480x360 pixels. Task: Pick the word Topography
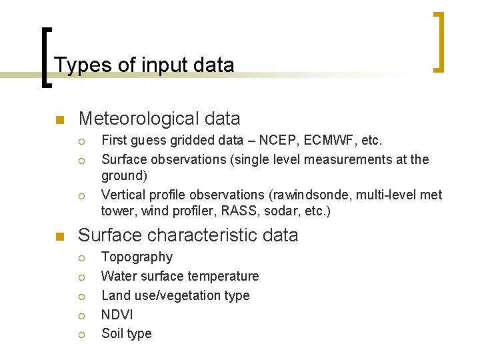pos(137,257)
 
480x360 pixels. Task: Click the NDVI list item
pos(117,315)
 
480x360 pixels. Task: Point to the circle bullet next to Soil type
pos(81,335)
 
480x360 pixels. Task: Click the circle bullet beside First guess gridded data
pos(81,142)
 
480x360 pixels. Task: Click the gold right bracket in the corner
pos(439,41)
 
